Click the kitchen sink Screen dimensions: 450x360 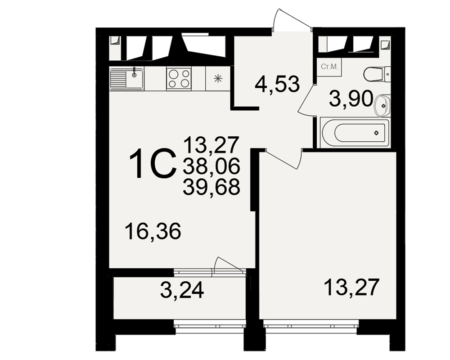(x=126, y=78)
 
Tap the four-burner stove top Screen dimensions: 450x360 (x=179, y=78)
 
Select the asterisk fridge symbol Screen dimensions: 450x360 (x=218, y=78)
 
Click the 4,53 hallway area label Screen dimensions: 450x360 (x=277, y=84)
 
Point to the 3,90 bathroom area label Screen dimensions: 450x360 (x=351, y=99)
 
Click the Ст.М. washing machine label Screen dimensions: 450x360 (x=329, y=67)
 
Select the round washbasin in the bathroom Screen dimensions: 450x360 (x=382, y=105)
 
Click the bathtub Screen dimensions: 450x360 (x=355, y=133)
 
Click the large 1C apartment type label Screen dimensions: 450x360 (x=153, y=164)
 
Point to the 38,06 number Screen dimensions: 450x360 (x=211, y=166)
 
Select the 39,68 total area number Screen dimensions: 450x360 (x=211, y=187)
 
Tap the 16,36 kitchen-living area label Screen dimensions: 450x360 (x=153, y=231)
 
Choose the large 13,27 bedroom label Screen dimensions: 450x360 (x=351, y=288)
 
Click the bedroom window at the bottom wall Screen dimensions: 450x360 (x=311, y=326)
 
